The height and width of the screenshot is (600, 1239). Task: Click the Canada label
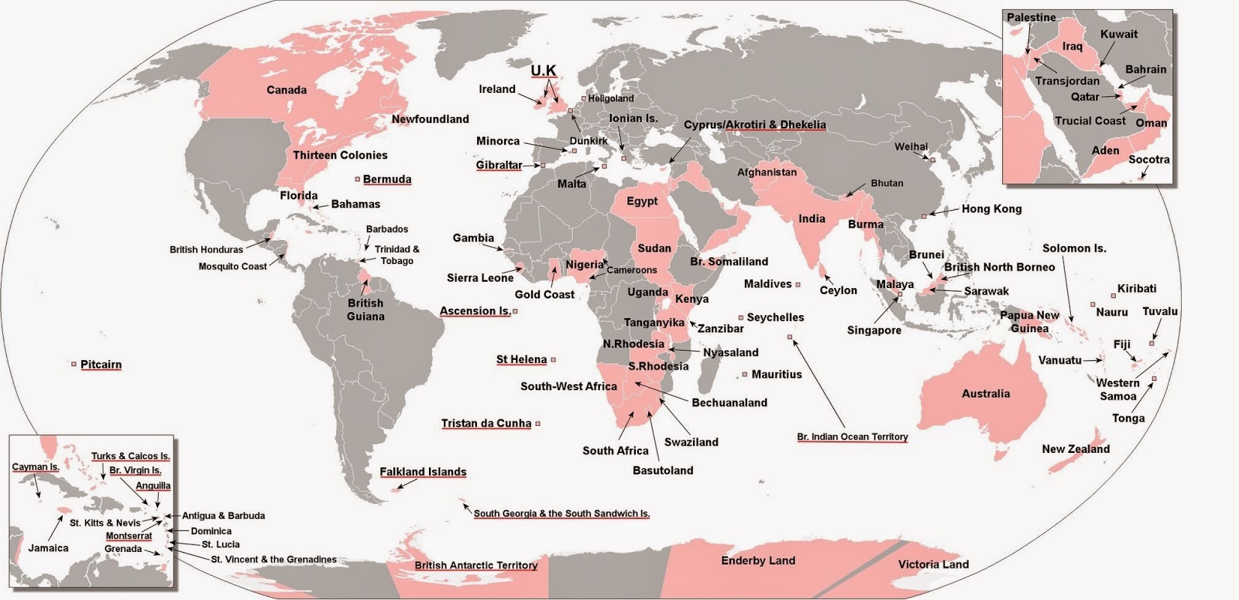(287, 90)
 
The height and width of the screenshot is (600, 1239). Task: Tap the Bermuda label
(387, 179)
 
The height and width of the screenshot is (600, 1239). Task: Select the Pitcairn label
(101, 364)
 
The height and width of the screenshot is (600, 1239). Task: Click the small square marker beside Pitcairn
(74, 364)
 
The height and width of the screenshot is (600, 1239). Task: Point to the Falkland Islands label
(423, 471)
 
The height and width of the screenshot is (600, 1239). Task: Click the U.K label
(543, 70)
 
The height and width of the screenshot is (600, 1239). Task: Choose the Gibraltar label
(499, 165)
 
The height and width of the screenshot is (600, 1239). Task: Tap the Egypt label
(642, 201)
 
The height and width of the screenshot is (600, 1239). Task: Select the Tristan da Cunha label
(486, 423)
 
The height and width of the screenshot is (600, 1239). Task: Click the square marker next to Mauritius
(745, 374)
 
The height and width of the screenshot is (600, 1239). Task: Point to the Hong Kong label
(991, 208)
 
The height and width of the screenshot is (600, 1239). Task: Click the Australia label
(985, 393)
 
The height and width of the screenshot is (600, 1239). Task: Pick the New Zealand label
(1076, 448)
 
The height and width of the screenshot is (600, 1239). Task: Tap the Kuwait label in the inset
(1119, 34)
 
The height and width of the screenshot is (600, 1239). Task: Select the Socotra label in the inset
(1148, 159)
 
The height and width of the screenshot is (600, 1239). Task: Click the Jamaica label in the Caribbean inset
(48, 547)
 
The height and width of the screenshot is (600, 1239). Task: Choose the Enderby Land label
(757, 561)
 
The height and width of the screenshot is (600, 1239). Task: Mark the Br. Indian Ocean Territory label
(852, 437)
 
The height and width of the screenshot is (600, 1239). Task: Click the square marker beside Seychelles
(741, 317)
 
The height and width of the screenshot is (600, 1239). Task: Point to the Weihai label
(911, 146)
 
